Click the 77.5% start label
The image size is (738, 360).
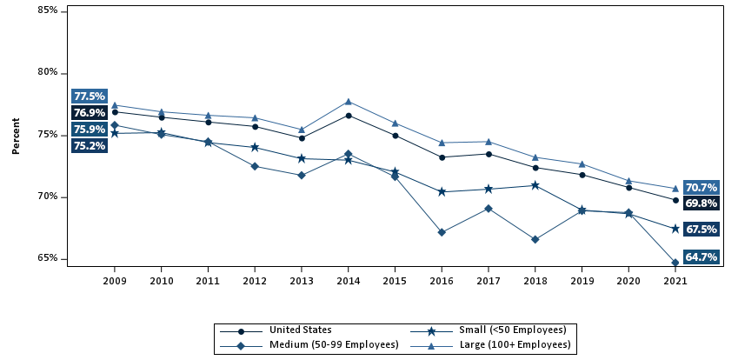tap(90, 97)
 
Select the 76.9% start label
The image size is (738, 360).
tap(90, 113)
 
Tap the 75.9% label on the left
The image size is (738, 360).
tap(90, 130)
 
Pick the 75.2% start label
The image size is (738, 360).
tap(90, 146)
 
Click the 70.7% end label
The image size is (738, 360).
tap(701, 187)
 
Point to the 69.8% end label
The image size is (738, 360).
tap(701, 203)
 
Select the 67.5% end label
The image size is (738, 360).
tap(701, 230)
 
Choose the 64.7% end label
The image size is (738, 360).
tap(701, 257)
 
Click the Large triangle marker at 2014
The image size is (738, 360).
tap(349, 102)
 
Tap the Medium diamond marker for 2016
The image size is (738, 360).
tap(442, 232)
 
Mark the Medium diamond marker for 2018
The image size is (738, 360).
tap(535, 239)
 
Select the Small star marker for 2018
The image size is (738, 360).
tap(535, 185)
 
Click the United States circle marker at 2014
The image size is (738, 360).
tap(349, 116)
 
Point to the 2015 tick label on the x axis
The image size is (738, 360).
tap(396, 282)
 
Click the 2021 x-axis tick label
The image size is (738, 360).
tap(675, 282)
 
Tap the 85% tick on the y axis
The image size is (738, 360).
tap(49, 10)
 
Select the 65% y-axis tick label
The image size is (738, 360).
tap(49, 258)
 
